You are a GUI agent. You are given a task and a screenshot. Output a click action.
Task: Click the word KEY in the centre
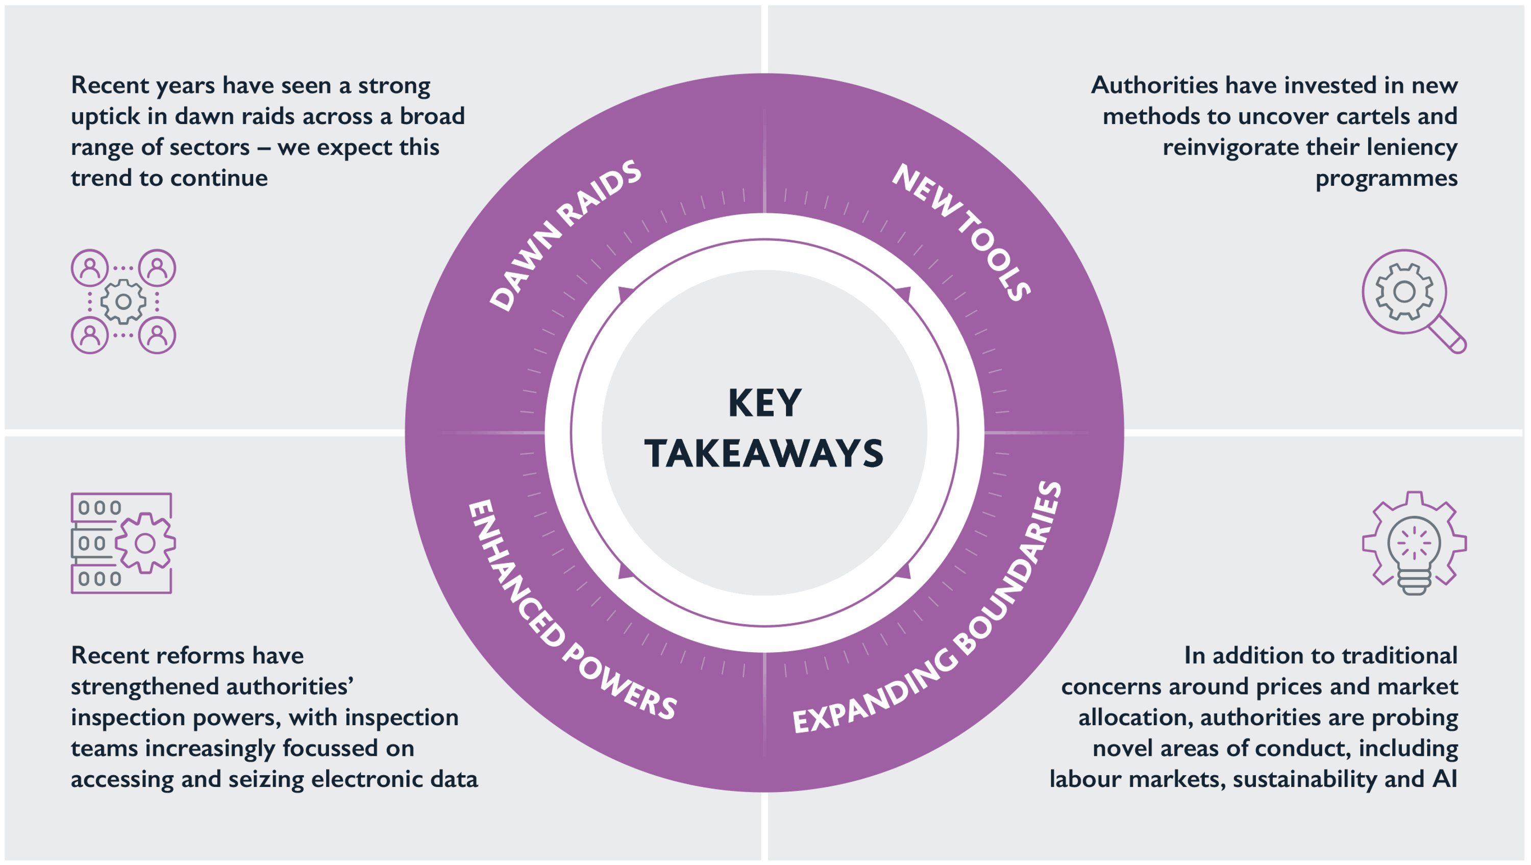pos(764,404)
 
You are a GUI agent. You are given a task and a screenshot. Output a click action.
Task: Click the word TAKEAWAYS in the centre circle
pos(764,454)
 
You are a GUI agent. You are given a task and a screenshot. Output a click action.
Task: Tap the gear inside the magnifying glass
pos(1404,292)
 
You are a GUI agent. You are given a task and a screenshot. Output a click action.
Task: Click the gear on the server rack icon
pos(145,543)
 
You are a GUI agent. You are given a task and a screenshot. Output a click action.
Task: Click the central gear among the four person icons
pos(124,302)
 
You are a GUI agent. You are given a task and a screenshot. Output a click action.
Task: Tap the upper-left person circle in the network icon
pos(90,268)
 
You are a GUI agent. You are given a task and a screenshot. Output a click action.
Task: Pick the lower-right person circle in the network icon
pos(157,335)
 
